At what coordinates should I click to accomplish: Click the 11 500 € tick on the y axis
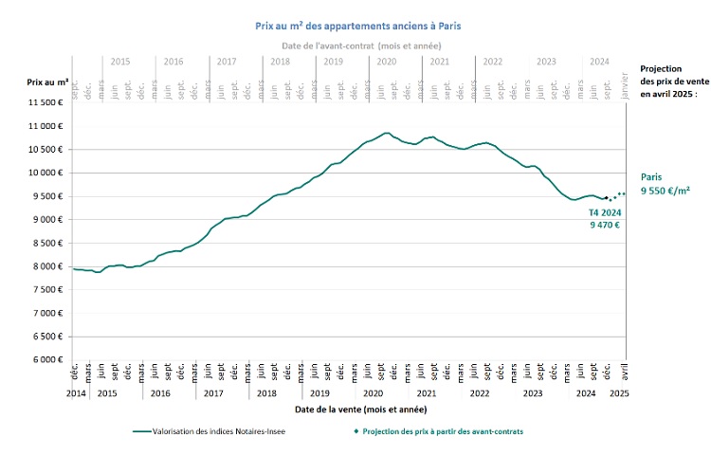44,102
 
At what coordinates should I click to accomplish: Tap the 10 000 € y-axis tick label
44,173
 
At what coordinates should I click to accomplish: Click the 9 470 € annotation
604,225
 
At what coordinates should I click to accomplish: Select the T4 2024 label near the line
604,213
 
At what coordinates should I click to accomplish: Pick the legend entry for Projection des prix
439,430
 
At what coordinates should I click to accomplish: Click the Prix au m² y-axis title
46,82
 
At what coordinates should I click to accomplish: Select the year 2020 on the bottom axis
373,392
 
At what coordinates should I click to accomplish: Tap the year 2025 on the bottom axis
619,392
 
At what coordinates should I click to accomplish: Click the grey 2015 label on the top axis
120,61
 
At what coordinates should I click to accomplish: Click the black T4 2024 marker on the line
606,197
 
